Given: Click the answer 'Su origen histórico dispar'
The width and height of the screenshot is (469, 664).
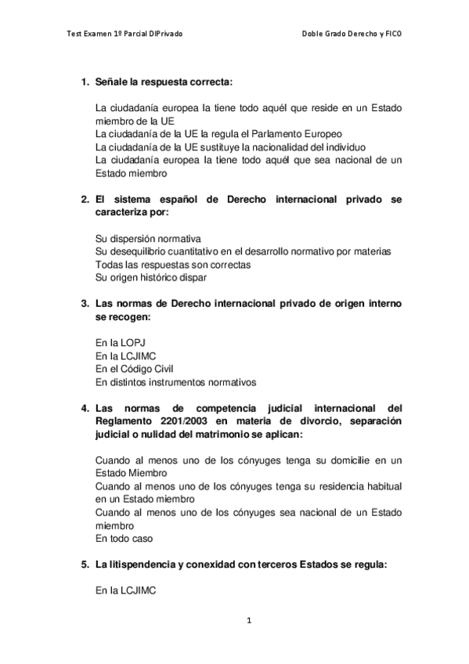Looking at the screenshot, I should (x=152, y=277).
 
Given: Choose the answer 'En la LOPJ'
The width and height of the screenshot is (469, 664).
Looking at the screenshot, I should (x=119, y=343).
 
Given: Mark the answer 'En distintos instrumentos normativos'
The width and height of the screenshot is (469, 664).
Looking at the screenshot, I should (x=175, y=382).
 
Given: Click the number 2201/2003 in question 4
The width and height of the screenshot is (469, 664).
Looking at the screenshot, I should (x=177, y=421).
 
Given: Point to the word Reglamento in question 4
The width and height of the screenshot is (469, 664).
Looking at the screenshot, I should (x=121, y=421).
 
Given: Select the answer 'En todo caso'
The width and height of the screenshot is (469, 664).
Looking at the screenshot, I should (x=123, y=539).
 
